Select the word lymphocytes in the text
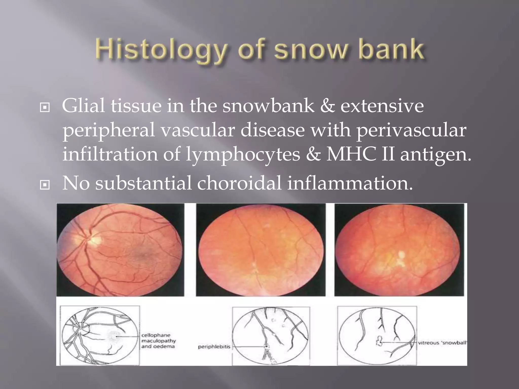tap(243, 154)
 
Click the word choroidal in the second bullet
tap(239, 183)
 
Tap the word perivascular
tap(411, 130)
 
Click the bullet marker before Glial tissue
tap(45, 108)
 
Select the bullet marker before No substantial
tap(45, 185)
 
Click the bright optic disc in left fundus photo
tap(94, 238)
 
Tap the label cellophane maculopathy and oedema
tap(158, 341)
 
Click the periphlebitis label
tap(214, 347)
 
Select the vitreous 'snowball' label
tap(442, 343)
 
